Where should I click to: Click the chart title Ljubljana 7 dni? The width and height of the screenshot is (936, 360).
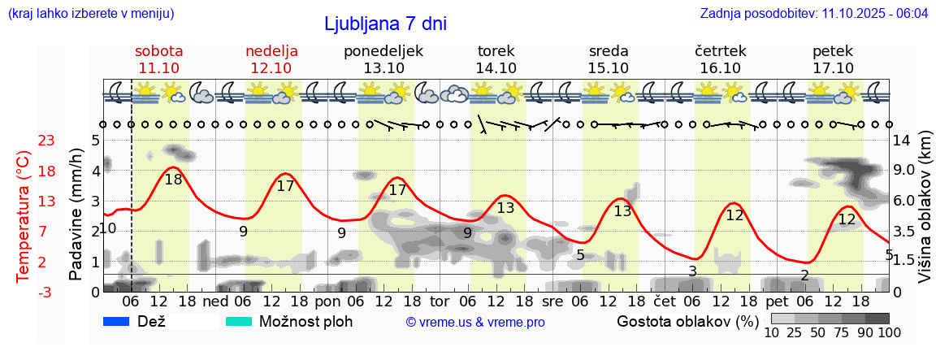click(x=385, y=24)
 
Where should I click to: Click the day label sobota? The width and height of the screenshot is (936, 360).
click(x=159, y=51)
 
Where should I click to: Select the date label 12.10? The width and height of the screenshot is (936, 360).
click(x=271, y=68)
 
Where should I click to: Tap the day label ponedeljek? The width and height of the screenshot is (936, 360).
click(x=383, y=51)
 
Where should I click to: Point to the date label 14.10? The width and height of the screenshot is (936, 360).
click(x=496, y=68)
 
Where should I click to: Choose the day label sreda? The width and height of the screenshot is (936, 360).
click(x=609, y=51)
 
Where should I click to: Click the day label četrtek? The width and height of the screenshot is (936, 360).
click(x=721, y=51)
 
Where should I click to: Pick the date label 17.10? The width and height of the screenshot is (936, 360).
click(x=833, y=68)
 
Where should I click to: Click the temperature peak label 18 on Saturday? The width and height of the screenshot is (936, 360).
click(x=173, y=180)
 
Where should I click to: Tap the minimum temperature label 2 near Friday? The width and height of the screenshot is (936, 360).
click(x=804, y=275)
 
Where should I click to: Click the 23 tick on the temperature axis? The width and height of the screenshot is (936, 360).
click(x=24, y=141)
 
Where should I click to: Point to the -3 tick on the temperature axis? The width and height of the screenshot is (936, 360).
click(x=24, y=292)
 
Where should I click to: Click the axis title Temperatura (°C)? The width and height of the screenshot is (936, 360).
click(x=24, y=216)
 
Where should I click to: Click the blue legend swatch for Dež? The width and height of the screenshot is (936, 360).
click(x=118, y=321)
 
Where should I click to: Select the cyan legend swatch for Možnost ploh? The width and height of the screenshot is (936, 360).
click(x=239, y=321)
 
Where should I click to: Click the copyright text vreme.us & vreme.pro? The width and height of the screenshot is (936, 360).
click(x=475, y=322)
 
